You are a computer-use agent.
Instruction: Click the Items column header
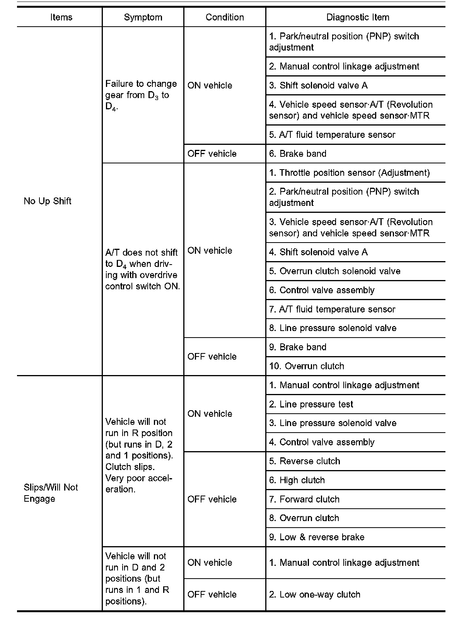pos(61,17)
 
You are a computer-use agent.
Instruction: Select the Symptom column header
pos(143,17)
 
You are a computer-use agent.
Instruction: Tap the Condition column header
pos(225,17)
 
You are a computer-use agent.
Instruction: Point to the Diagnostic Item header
pos(358,17)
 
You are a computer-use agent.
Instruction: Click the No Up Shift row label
pos(48,201)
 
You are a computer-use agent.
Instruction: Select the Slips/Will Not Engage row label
pos(51,493)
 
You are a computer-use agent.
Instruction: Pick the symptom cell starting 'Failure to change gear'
pos(141,95)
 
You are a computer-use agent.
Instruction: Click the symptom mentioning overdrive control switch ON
pos(142,269)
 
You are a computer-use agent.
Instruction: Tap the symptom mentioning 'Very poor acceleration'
pos(139,455)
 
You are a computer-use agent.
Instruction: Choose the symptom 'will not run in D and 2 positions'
pos(137,579)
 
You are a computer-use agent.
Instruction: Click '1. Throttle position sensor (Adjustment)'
pos(349,173)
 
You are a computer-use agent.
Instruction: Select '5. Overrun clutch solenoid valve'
pos(334,271)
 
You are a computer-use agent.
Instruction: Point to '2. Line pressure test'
pos(311,404)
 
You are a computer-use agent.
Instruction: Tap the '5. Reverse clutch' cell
pos(304,461)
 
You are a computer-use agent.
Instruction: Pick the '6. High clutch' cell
pos(297,480)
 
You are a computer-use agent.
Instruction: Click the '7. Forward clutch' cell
pos(304,499)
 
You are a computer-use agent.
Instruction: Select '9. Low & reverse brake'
pos(316,537)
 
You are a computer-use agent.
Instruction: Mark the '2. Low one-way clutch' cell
pos(314,594)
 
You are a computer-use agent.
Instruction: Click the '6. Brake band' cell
pos(297,154)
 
